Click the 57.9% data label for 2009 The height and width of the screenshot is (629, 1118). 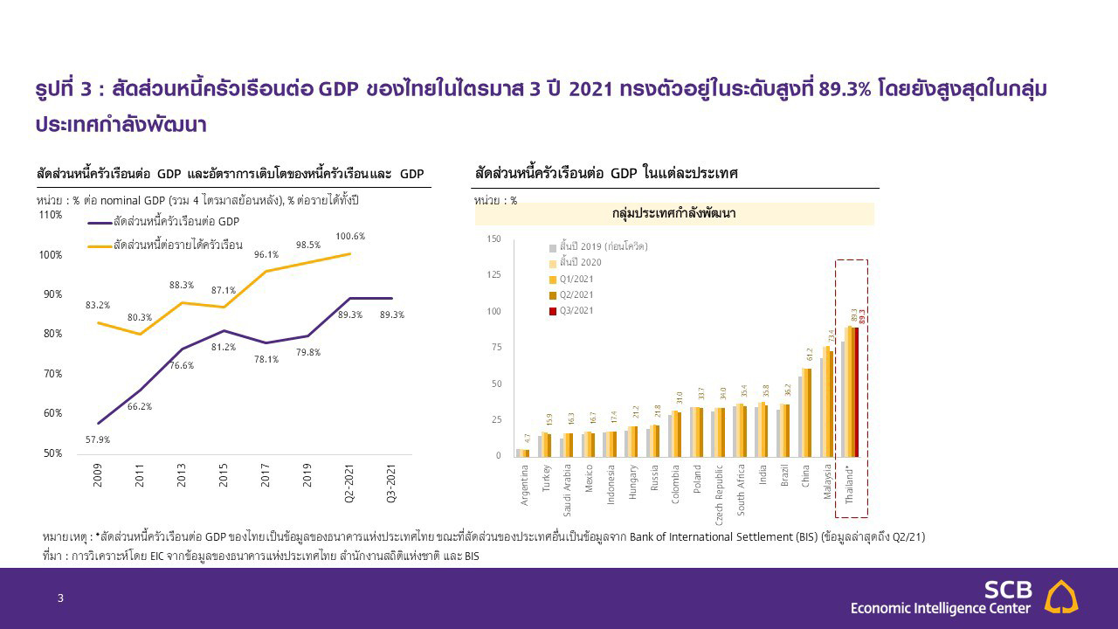point(97,439)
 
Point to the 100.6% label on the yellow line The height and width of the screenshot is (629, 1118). point(350,237)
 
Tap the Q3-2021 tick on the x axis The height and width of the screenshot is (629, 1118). point(391,483)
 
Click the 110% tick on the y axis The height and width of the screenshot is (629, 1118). point(50,215)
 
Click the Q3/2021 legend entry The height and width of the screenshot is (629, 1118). point(576,310)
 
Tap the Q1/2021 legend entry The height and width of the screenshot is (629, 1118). point(576,279)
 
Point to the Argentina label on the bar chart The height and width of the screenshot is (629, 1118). point(524,485)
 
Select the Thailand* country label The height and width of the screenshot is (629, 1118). point(851,485)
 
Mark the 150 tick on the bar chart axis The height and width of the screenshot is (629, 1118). point(493,238)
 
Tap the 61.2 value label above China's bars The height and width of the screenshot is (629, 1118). point(809,355)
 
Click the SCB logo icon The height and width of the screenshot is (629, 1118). point(1061,597)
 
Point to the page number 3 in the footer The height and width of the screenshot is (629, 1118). point(60,598)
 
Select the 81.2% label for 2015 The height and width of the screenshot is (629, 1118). point(224,348)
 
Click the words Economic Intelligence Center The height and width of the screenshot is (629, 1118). point(941,608)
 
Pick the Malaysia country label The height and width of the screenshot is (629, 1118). point(827,483)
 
